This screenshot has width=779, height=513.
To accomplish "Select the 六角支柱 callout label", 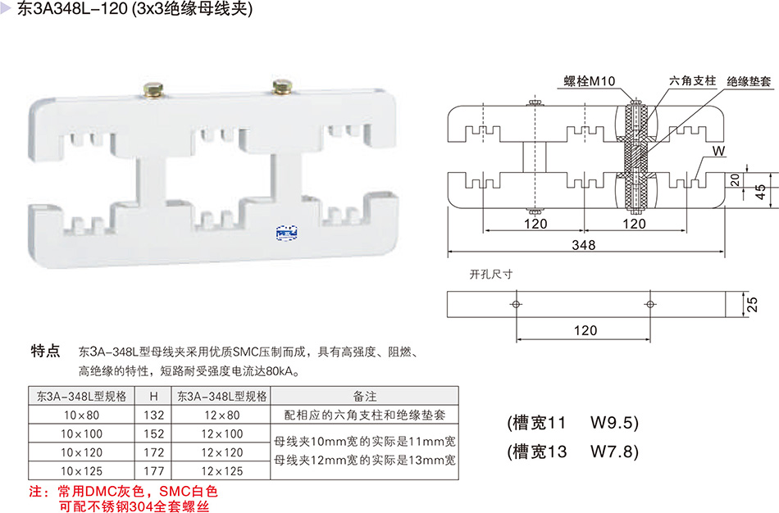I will [x=693, y=81].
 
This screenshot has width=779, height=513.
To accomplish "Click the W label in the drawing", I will [x=719, y=151].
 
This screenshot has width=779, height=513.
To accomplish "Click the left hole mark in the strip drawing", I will [x=516, y=304].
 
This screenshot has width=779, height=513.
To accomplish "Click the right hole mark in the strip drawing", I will [x=650, y=304].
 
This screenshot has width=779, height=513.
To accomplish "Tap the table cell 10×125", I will [x=82, y=471].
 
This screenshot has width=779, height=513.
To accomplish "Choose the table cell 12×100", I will [x=221, y=434].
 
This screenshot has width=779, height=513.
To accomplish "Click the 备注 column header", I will [x=364, y=395].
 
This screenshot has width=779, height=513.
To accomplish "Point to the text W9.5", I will [x=613, y=424].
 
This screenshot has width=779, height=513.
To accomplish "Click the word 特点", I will [x=45, y=352].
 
